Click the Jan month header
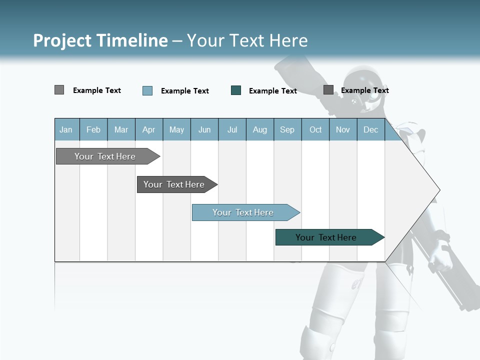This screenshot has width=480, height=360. (x=66, y=129)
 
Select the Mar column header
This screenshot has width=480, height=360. (x=121, y=129)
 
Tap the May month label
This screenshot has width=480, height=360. (x=176, y=129)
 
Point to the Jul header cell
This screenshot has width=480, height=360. (x=232, y=129)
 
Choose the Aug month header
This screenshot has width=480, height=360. (x=259, y=129)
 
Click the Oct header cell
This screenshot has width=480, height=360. (x=315, y=129)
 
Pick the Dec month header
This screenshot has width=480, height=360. (x=370, y=129)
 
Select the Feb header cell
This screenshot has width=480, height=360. (x=93, y=129)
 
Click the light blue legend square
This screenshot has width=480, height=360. (x=147, y=90)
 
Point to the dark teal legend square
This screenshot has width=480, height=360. (x=236, y=90)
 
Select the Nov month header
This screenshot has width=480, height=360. (x=343, y=129)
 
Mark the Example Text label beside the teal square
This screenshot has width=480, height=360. (x=272, y=91)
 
